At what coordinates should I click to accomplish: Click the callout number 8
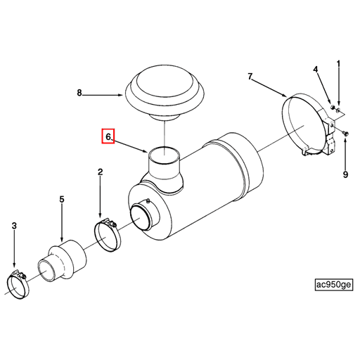[x=79, y=92]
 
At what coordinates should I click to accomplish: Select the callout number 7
[x=250, y=76]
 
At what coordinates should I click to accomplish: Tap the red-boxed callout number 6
[x=108, y=136]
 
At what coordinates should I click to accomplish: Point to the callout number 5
[x=62, y=200]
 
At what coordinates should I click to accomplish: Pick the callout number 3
[x=14, y=226]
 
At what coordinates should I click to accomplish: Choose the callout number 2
[x=100, y=172]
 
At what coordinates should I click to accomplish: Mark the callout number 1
[x=338, y=64]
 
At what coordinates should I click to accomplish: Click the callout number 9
[x=345, y=174]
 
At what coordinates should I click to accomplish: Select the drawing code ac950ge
[x=333, y=285]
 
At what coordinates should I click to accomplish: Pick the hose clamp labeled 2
[x=107, y=234]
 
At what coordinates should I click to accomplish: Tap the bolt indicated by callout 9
[x=346, y=133]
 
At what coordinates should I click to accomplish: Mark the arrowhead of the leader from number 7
[x=284, y=96]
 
